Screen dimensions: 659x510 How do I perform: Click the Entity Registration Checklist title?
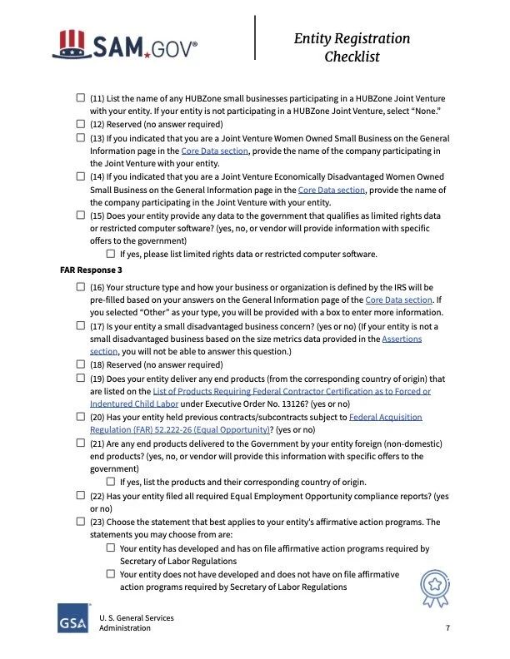pos(352,47)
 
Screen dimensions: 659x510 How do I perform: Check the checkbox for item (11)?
pos(81,98)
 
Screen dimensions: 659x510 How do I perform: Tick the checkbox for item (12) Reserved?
pos(81,124)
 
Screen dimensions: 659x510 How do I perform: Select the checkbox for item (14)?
pos(81,176)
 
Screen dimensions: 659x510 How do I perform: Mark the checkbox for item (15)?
pos(81,216)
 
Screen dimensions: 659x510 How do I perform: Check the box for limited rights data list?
pos(111,254)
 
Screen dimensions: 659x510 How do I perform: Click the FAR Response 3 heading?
pos(92,270)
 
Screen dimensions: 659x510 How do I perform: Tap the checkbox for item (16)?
pos(81,286)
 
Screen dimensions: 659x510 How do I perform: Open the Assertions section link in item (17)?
pos(402,339)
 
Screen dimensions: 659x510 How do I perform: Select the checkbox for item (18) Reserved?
pos(81,364)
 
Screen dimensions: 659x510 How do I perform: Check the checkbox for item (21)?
pos(81,443)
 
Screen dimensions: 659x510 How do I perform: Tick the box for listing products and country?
pos(111,481)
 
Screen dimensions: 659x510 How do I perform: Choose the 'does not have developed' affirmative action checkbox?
pos(111,574)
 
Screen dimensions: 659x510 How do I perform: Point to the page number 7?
pos(448,628)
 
